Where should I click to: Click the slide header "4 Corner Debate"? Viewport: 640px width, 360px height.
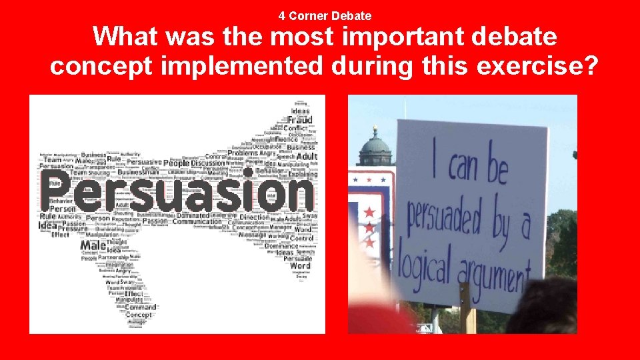pos(325,15)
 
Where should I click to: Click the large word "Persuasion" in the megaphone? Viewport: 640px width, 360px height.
pos(177,191)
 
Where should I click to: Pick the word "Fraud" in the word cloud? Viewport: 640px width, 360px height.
pos(299,121)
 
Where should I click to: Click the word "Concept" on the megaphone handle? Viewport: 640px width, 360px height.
pos(139,315)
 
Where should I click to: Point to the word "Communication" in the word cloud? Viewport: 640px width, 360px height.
pos(197,222)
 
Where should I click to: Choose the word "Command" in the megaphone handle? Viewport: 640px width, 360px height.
pos(140,307)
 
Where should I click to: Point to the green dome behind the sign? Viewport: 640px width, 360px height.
pos(375,148)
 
